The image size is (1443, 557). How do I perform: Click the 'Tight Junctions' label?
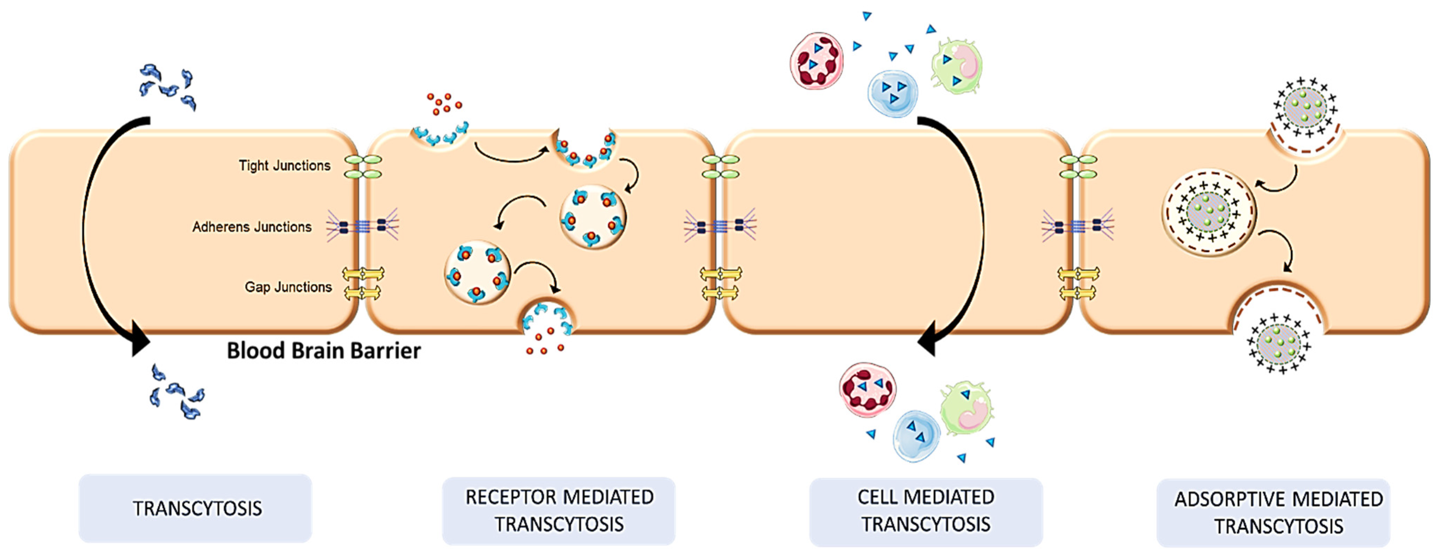[x=284, y=166]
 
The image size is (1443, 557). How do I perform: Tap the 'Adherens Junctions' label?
[x=252, y=227]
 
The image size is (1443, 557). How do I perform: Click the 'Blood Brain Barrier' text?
[x=323, y=351]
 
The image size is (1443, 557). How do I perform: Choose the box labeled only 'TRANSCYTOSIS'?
[x=196, y=508]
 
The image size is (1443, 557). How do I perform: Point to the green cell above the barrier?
[x=957, y=66]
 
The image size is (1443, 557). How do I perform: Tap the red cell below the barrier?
[x=867, y=390]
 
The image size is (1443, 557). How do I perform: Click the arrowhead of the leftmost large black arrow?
[x=140, y=339]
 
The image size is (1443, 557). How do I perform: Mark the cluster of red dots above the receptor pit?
[x=444, y=103]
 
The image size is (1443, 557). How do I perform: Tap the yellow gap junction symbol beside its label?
[x=363, y=283]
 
